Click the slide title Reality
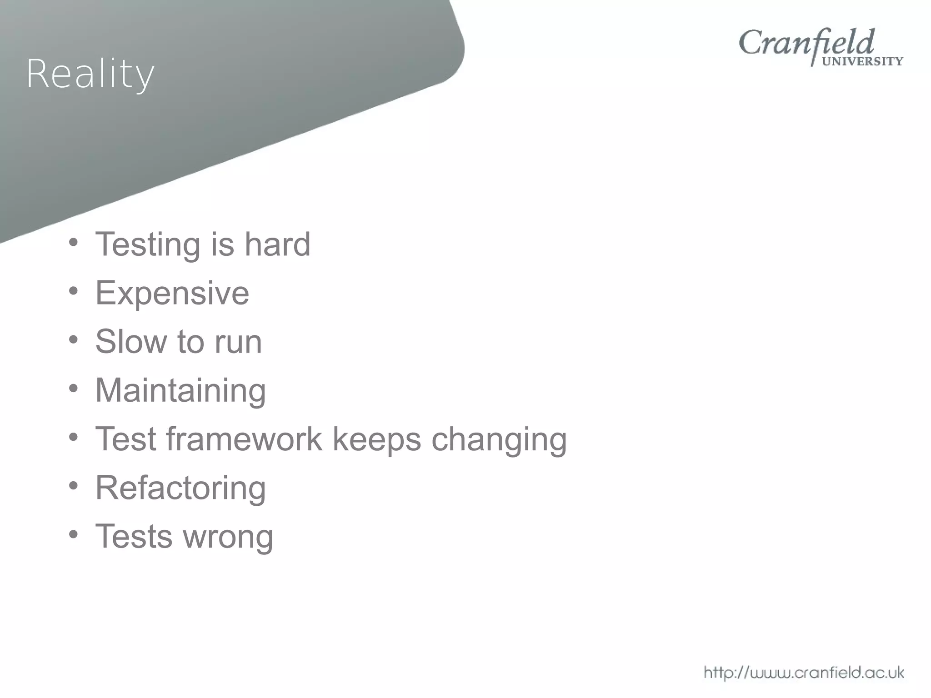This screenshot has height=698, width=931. [90, 74]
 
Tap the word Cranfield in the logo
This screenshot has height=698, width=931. [806, 43]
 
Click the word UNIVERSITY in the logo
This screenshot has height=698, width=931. [862, 62]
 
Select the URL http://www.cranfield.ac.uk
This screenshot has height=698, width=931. [803, 672]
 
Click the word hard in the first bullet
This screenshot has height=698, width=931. [277, 244]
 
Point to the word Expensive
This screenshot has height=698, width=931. [172, 293]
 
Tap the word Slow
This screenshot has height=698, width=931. [130, 341]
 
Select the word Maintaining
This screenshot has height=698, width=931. [180, 390]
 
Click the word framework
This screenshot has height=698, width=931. [244, 439]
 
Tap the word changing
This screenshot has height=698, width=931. [499, 440]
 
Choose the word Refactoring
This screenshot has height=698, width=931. [180, 488]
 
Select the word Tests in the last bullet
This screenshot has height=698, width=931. [134, 536]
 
